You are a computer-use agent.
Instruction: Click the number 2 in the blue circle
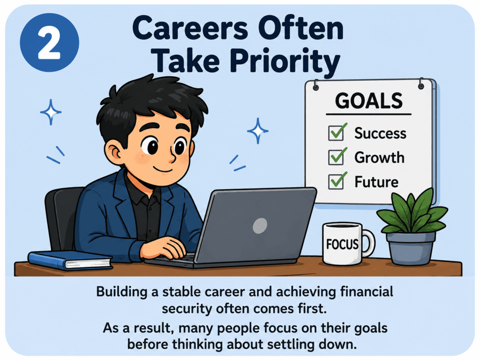pos(49,43)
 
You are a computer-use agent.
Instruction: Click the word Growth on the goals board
pos(379,157)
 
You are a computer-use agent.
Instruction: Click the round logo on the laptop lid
pos(260,225)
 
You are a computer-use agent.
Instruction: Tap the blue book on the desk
pos(70,260)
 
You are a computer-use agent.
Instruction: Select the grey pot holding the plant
pos(411,248)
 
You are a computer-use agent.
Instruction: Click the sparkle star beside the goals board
pos(258,131)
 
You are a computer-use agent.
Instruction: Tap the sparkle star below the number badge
pos(51,112)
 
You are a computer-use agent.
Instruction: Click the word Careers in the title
pos(190,29)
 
